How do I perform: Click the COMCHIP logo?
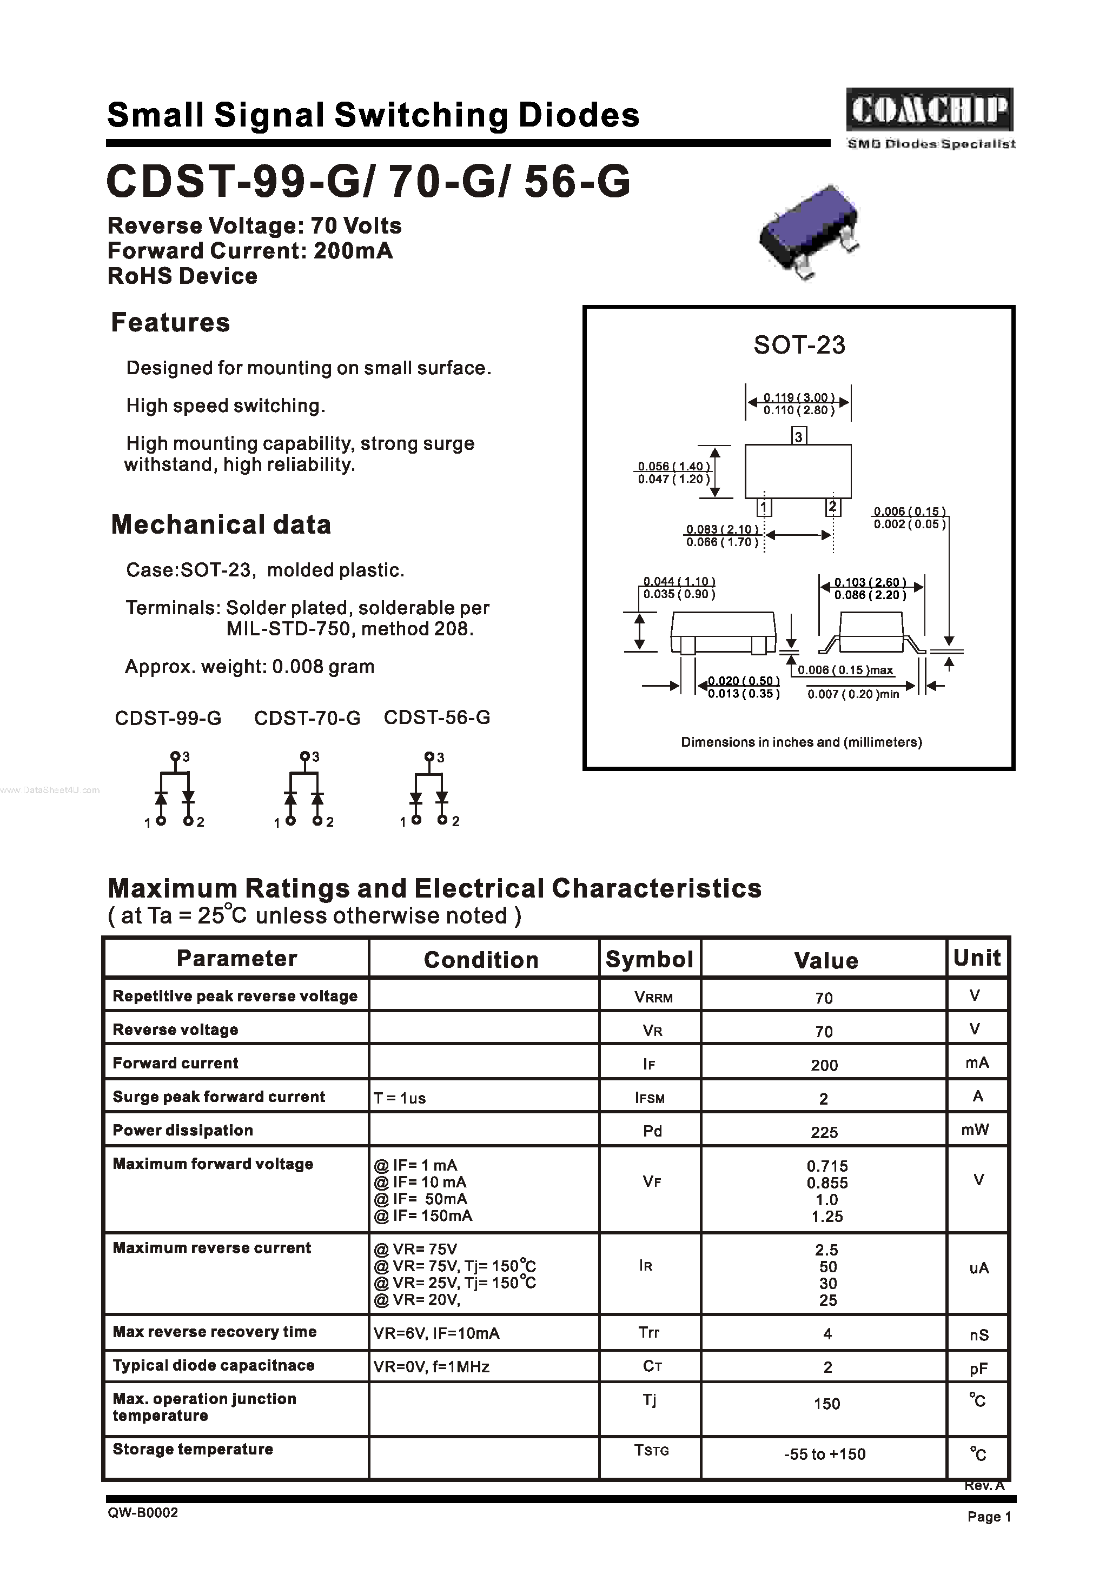(930, 110)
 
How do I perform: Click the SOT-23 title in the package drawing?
(799, 345)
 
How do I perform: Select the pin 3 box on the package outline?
(799, 436)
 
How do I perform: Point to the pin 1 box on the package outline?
(764, 508)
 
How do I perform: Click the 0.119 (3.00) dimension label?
(799, 397)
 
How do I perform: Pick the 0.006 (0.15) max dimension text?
(845, 670)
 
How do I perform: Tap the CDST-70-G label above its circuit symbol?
(307, 718)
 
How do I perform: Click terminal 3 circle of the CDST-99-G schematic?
(175, 756)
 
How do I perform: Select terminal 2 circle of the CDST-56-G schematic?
(442, 820)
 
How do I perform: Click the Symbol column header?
(649, 959)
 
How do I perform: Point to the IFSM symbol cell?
(650, 1098)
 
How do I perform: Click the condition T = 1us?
(400, 1098)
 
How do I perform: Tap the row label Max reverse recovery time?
(215, 1332)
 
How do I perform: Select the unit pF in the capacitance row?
(978, 1369)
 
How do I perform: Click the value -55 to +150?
(825, 1454)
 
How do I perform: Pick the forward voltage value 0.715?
(827, 1166)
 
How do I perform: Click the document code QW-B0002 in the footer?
(143, 1512)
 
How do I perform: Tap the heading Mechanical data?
(221, 525)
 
